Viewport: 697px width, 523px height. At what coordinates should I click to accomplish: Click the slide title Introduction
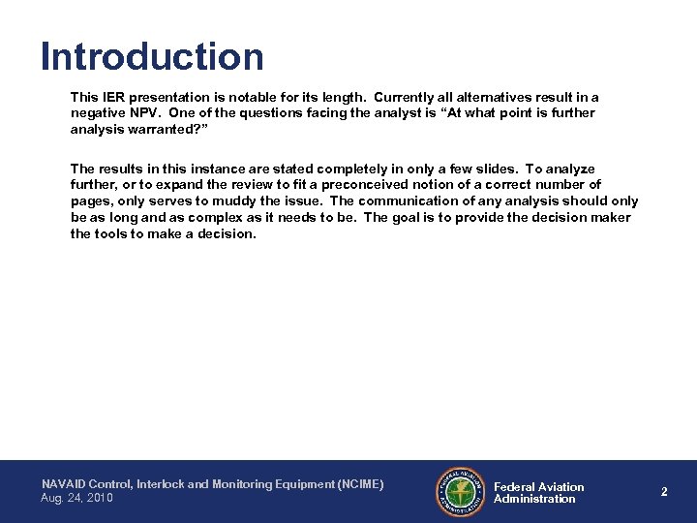152,56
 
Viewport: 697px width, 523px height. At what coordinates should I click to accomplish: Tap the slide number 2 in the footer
664,492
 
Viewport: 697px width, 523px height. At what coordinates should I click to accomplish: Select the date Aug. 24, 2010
76,498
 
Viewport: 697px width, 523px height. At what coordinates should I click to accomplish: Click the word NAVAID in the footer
64,483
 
